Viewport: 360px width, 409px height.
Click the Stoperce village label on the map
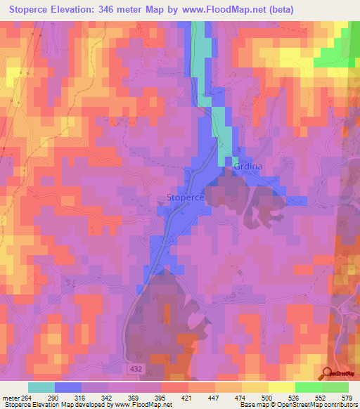[x=186, y=198]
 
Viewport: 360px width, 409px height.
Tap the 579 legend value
[x=346, y=397]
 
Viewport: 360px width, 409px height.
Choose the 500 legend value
[x=267, y=397]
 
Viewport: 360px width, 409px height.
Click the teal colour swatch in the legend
[x=41, y=387]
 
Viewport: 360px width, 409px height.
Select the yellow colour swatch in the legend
[x=281, y=387]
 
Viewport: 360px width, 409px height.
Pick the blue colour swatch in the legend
[x=68, y=387]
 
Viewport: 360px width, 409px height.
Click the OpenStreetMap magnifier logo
[x=328, y=374]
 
